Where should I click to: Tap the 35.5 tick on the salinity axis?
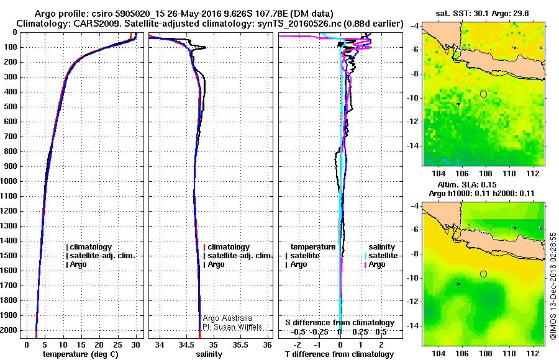tap(241, 344)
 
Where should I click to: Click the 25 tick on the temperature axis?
tap(117, 344)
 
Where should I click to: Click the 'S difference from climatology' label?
tap(340, 323)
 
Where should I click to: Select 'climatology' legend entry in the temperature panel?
tap(90, 247)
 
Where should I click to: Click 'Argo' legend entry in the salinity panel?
tap(216, 264)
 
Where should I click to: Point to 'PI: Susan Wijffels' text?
tap(232, 327)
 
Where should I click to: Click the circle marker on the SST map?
tap(483, 94)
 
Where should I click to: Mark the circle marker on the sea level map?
tap(483, 274)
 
